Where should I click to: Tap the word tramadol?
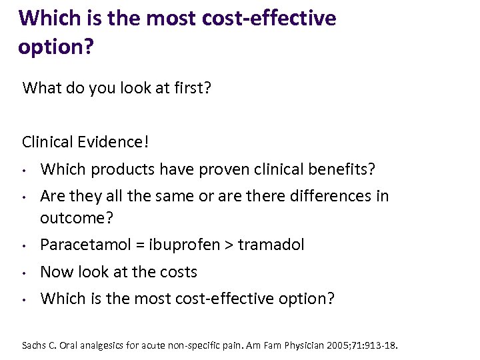(271, 245)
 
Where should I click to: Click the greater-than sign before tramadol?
(229, 245)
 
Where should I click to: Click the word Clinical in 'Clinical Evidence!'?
(47, 141)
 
